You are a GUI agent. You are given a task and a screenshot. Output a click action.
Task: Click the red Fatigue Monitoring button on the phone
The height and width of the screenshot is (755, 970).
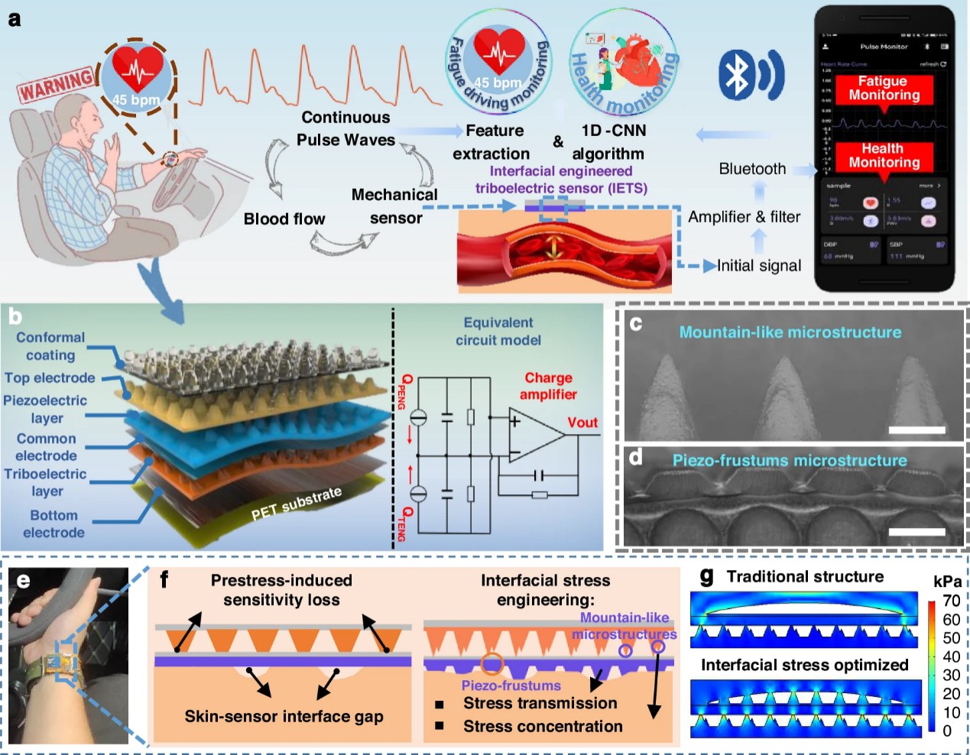[883, 88]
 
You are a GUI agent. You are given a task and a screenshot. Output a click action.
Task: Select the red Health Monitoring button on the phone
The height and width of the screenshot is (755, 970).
[883, 155]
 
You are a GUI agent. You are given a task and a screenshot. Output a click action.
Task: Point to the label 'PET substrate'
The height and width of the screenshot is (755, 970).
[297, 504]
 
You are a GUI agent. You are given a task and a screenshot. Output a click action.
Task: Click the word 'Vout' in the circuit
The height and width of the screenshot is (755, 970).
[582, 423]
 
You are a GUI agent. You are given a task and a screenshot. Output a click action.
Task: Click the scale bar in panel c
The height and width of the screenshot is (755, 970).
[917, 430]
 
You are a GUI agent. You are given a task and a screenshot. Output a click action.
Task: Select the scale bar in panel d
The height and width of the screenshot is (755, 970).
[917, 532]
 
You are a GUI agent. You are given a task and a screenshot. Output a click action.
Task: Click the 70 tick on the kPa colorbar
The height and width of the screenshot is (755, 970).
[951, 601]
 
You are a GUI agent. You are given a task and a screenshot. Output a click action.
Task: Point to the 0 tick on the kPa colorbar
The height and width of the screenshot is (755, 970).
[947, 731]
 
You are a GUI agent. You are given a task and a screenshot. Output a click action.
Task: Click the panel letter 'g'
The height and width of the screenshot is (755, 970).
[707, 576]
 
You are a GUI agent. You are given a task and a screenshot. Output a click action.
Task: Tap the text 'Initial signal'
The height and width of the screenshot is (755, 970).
[758, 266]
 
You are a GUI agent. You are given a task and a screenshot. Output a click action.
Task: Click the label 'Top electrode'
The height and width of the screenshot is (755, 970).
[50, 377]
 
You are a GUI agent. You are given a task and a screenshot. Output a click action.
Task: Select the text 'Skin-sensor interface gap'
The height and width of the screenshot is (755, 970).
[284, 716]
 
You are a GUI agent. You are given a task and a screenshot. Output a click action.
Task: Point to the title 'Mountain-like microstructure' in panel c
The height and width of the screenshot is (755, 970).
[790, 332]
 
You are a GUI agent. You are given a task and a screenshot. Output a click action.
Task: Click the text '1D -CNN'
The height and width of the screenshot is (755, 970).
[613, 131]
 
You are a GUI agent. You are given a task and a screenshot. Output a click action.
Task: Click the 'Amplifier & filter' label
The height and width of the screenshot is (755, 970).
[744, 217]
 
